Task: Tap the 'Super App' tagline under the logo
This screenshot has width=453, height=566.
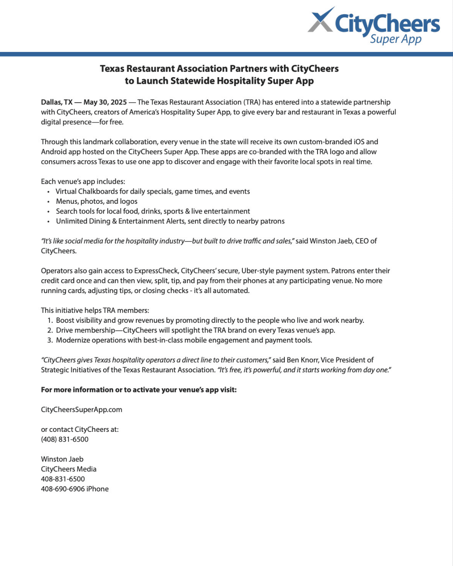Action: point(396,39)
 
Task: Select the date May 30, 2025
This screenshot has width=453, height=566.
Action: point(105,102)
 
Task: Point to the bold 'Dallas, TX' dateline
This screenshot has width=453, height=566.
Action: point(57,102)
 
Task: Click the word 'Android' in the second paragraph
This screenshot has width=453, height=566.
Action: point(54,152)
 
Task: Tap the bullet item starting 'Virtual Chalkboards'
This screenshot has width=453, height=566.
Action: point(153,192)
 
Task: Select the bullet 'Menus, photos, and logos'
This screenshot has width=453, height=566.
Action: point(96,202)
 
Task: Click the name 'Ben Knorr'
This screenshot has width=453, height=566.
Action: point(303,360)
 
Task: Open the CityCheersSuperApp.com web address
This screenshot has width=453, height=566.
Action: point(81,410)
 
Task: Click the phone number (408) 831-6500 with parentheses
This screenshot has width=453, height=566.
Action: point(65,439)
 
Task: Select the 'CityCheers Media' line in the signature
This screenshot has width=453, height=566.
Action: point(68,469)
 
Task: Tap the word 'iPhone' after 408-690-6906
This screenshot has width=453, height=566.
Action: point(97,489)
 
